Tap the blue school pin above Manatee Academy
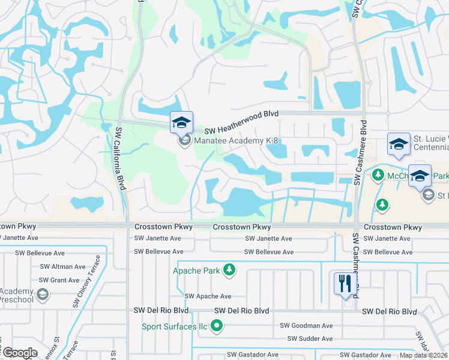click(181, 123)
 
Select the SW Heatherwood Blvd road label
click(241, 130)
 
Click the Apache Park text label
click(196, 271)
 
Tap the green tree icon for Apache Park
click(229, 271)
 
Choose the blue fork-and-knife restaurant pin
click(345, 283)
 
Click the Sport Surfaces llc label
click(174, 327)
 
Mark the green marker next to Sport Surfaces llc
click(217, 327)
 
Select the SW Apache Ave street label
click(208, 296)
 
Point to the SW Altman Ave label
click(63, 266)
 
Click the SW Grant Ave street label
click(59, 280)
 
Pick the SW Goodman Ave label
click(306, 326)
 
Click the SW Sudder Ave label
click(310, 339)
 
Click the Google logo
click(20, 352)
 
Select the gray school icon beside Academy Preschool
click(42, 294)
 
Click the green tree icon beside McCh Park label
click(378, 175)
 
